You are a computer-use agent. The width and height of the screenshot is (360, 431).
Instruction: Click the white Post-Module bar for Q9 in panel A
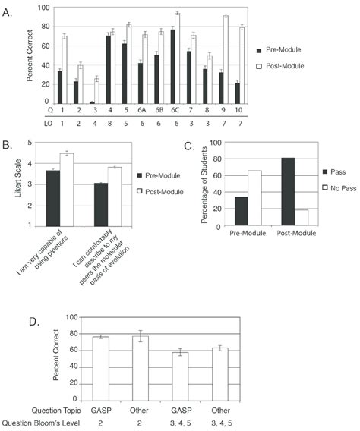click(x=226, y=60)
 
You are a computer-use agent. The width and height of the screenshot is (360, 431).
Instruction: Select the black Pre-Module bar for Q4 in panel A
click(x=109, y=70)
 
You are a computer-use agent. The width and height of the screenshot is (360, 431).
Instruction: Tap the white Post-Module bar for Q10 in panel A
click(x=242, y=65)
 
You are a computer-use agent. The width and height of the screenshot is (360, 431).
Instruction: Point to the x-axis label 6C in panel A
click(x=175, y=110)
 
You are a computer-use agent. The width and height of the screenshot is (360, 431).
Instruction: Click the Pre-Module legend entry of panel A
click(x=279, y=50)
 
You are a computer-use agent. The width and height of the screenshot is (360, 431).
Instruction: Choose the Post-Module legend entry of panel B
click(x=160, y=191)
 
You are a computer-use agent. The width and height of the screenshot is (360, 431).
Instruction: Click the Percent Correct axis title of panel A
click(x=30, y=56)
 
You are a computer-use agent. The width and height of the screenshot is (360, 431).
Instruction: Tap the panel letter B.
click(x=7, y=145)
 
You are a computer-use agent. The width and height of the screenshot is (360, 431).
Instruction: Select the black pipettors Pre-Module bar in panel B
click(x=53, y=199)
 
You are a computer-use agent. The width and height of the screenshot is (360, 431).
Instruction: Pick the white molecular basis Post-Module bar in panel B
click(x=115, y=197)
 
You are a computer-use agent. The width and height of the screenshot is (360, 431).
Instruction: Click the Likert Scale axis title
click(x=18, y=178)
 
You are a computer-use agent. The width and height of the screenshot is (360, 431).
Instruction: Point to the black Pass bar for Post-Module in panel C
click(x=288, y=192)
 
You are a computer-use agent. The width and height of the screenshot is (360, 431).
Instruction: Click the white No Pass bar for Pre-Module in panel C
click(x=254, y=198)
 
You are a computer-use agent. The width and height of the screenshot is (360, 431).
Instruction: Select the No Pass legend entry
click(x=339, y=188)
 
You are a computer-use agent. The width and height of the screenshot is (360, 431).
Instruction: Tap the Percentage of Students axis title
click(x=204, y=185)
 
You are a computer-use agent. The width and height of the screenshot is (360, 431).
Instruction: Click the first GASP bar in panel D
click(x=101, y=369)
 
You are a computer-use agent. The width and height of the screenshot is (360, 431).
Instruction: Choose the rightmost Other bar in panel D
click(x=220, y=374)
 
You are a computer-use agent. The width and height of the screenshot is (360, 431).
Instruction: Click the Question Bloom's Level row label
click(x=40, y=423)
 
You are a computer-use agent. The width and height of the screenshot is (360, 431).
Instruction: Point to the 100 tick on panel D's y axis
click(x=72, y=317)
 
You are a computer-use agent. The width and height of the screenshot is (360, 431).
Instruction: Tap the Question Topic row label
click(x=56, y=411)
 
